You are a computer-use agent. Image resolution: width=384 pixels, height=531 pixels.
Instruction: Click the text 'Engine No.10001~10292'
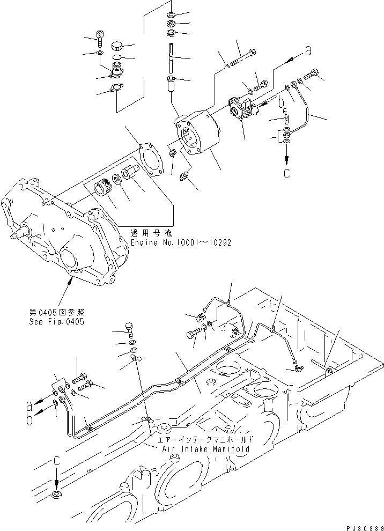point(181,242)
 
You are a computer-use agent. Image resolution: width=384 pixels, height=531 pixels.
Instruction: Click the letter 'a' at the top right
point(308,51)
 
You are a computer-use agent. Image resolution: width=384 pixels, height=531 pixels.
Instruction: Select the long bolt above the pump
point(242,60)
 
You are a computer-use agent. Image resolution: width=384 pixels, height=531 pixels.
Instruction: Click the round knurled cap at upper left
point(117,45)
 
